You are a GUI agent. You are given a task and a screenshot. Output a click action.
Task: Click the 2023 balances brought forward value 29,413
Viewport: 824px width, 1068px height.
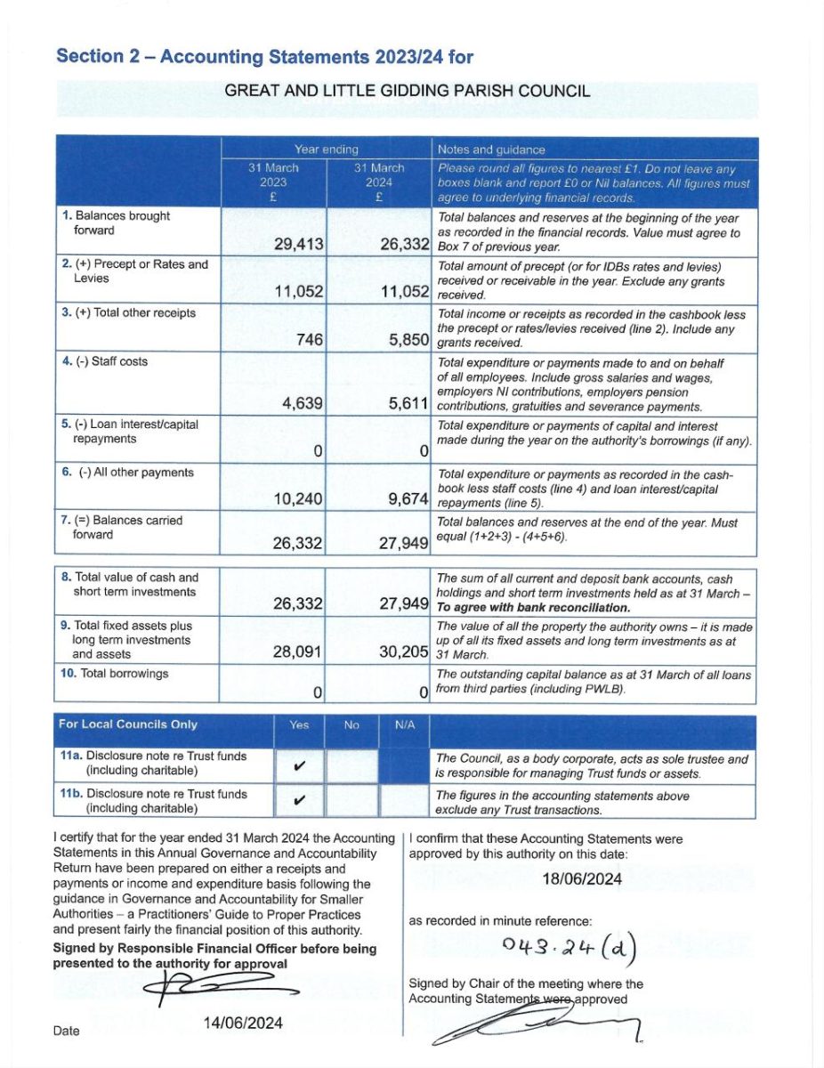(x=297, y=244)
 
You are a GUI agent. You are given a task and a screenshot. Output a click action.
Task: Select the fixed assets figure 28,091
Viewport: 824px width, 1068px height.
(x=297, y=651)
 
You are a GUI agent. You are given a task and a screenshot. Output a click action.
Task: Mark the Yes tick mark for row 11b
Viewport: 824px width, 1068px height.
(x=299, y=800)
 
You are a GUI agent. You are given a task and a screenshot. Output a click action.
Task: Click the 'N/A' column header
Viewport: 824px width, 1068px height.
(x=405, y=724)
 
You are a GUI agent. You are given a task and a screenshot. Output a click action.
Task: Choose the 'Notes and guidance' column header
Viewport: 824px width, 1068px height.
(x=491, y=150)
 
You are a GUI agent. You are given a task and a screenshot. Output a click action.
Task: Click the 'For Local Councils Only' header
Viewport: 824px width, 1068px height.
(x=128, y=724)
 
